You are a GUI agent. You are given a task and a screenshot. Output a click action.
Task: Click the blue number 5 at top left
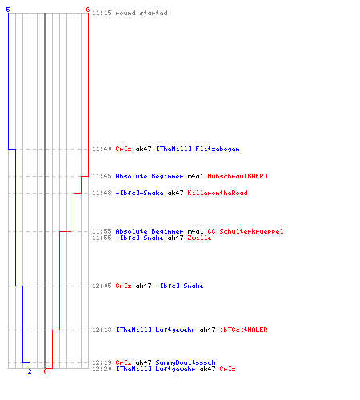point(8,10)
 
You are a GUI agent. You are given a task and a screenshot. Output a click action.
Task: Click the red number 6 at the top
point(88,10)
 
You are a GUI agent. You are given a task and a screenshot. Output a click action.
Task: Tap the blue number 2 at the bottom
point(30,371)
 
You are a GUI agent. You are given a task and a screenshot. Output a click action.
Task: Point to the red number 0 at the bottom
point(45,371)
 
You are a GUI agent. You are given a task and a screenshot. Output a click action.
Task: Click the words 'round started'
point(142,13)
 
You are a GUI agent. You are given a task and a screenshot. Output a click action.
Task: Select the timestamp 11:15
point(102,13)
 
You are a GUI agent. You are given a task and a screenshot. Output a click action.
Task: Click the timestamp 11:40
point(102,149)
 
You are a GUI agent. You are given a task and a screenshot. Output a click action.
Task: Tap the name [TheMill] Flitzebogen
point(198,149)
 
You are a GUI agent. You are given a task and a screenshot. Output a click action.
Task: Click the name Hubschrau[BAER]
point(238,176)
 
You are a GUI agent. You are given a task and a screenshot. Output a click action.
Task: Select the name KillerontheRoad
point(218,193)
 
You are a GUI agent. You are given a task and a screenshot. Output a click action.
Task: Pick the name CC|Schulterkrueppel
point(246,231)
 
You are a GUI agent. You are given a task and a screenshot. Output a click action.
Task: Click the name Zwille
point(199,238)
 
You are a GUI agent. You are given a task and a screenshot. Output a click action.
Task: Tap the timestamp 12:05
point(102,286)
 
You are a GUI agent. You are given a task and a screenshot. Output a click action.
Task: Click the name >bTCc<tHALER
point(244,330)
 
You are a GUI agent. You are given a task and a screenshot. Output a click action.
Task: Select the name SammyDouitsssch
point(186,362)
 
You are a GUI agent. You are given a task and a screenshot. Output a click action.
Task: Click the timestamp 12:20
point(102,369)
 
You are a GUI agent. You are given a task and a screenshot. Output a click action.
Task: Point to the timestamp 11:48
point(102,193)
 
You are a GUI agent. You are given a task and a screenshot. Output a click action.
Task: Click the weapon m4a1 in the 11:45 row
point(195,176)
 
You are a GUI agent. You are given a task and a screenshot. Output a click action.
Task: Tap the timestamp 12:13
point(102,330)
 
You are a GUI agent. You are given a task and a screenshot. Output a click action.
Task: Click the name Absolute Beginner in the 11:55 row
point(150,231)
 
